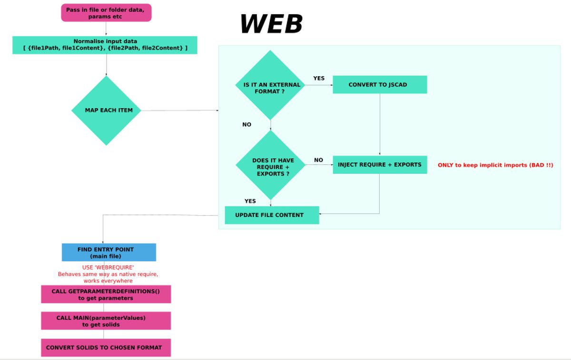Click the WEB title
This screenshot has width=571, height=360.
pyautogui.click(x=271, y=24)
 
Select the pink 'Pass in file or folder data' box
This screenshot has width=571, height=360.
pyautogui.click(x=106, y=13)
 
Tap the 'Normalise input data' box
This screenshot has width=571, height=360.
pyautogui.click(x=105, y=45)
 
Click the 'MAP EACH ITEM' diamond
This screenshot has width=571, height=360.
pyautogui.click(x=106, y=110)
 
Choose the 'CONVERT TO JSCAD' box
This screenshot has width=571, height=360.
pyautogui.click(x=379, y=85)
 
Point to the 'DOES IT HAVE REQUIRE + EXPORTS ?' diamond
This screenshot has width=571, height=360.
pyautogui.click(x=270, y=165)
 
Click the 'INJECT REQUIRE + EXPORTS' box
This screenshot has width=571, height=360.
pyautogui.click(x=379, y=165)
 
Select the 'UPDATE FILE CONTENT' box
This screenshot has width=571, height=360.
pyautogui.click(x=271, y=215)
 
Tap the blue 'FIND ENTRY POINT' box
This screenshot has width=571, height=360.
pyautogui.click(x=109, y=252)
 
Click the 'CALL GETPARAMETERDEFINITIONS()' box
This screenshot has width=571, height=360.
pyautogui.click(x=106, y=294)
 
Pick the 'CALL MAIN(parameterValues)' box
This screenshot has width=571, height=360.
pyautogui.click(x=106, y=321)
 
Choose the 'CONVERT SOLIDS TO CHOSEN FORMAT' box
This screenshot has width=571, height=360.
pyautogui.click(x=106, y=348)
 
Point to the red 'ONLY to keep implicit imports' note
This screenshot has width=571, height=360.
pyautogui.click(x=495, y=165)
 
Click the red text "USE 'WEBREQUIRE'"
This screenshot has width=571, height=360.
pyautogui.click(x=108, y=268)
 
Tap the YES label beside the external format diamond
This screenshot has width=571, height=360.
pyautogui.click(x=319, y=78)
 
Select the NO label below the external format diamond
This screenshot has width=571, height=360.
pyautogui.click(x=246, y=124)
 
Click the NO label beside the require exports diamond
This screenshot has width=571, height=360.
pyautogui.click(x=318, y=160)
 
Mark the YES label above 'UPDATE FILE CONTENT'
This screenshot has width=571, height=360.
pyautogui.click(x=250, y=201)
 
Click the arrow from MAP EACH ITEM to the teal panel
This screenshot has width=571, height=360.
pyautogui.click(x=181, y=110)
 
